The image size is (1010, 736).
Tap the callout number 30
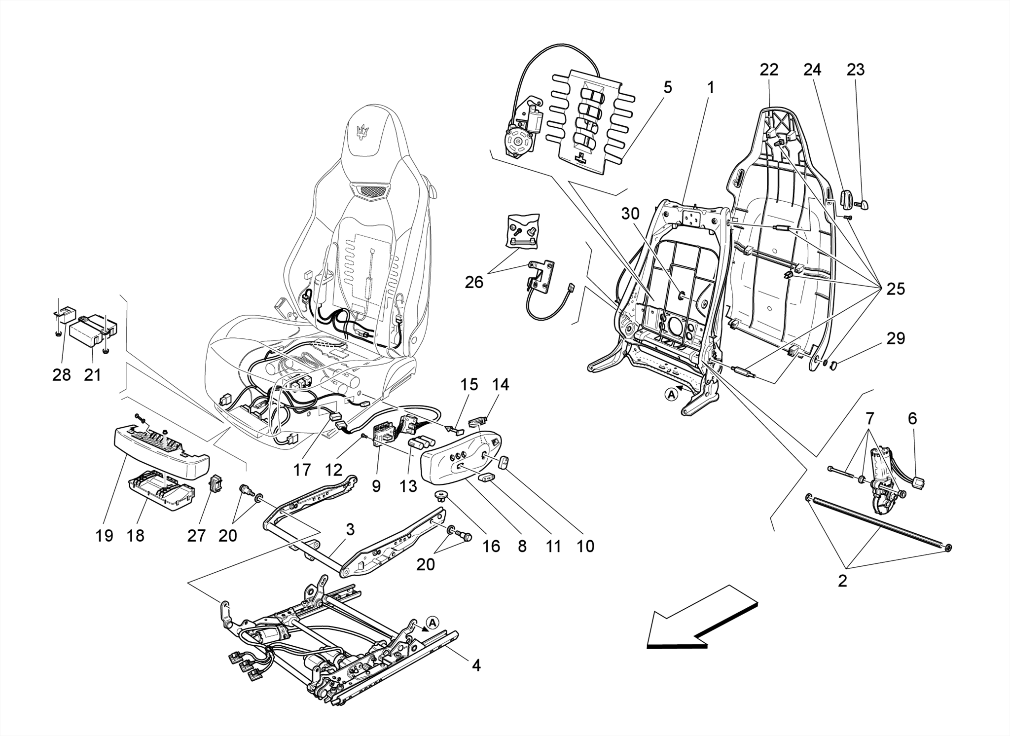630,214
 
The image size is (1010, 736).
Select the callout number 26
474,282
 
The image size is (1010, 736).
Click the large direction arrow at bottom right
700,617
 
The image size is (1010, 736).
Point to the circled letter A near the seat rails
432,623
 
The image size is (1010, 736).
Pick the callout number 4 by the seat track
475,665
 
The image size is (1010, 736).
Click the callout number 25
895,289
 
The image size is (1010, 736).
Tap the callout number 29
896,338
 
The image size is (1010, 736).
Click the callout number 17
302,470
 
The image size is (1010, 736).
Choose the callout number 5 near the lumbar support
667,87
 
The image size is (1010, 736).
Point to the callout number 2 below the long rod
842,581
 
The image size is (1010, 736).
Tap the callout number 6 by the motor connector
912,418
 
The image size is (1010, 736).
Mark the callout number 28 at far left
62,375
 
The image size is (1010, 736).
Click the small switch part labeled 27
216,484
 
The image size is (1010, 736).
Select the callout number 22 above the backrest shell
768,70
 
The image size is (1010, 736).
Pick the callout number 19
104,535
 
